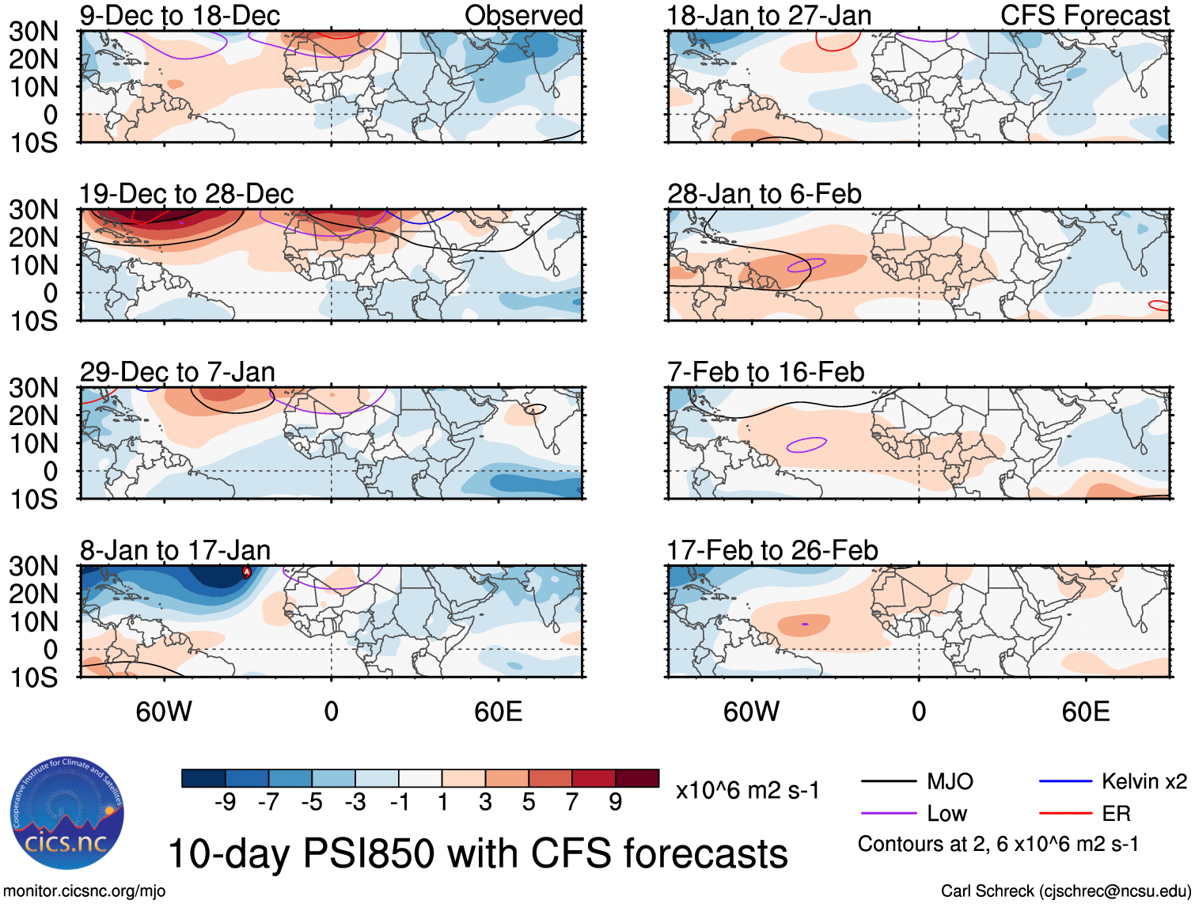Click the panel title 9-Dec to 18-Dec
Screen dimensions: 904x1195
[180, 15]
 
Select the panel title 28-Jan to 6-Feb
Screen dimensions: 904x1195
[764, 194]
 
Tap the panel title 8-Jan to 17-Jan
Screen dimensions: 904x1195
[175, 550]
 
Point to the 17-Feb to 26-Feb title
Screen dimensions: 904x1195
[772, 550]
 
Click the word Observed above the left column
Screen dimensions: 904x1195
[523, 15]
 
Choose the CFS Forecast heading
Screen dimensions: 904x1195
[1084, 15]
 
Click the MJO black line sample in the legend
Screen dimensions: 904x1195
[888, 781]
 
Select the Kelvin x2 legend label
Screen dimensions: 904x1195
[1144, 781]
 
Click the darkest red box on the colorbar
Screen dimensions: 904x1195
[637, 778]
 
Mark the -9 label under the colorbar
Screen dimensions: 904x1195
[225, 803]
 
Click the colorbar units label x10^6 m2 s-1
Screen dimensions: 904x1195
[747, 790]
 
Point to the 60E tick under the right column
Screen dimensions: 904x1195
[1085, 712]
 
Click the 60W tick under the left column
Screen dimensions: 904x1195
[164, 712]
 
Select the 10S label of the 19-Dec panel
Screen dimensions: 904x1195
[33, 321]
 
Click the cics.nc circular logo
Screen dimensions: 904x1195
[66, 813]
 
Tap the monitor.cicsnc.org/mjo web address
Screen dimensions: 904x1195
[85, 891]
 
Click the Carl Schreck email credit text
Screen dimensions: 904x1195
[1065, 891]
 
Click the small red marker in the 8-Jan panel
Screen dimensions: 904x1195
[246, 572]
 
